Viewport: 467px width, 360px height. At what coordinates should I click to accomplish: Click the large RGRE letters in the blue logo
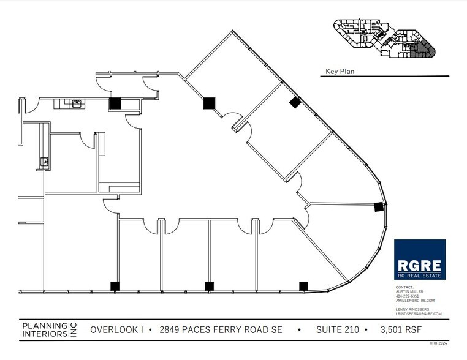coord(420,266)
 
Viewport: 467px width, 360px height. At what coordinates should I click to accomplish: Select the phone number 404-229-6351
coord(407,297)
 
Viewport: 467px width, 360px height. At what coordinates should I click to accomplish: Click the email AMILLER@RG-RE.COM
coord(414,301)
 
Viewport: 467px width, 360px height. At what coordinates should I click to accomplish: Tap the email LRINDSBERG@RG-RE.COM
coord(418,314)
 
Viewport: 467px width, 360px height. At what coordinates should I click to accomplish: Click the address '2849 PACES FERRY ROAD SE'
coord(221,330)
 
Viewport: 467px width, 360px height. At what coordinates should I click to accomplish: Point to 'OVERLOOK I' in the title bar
coord(116,330)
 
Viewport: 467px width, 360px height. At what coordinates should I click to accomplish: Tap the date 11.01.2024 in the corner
coord(440,343)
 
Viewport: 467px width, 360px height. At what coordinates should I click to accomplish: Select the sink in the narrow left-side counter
coord(44,162)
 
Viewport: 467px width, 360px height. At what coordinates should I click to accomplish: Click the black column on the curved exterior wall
coord(379,206)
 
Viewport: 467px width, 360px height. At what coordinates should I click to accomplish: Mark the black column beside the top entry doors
coord(115,103)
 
